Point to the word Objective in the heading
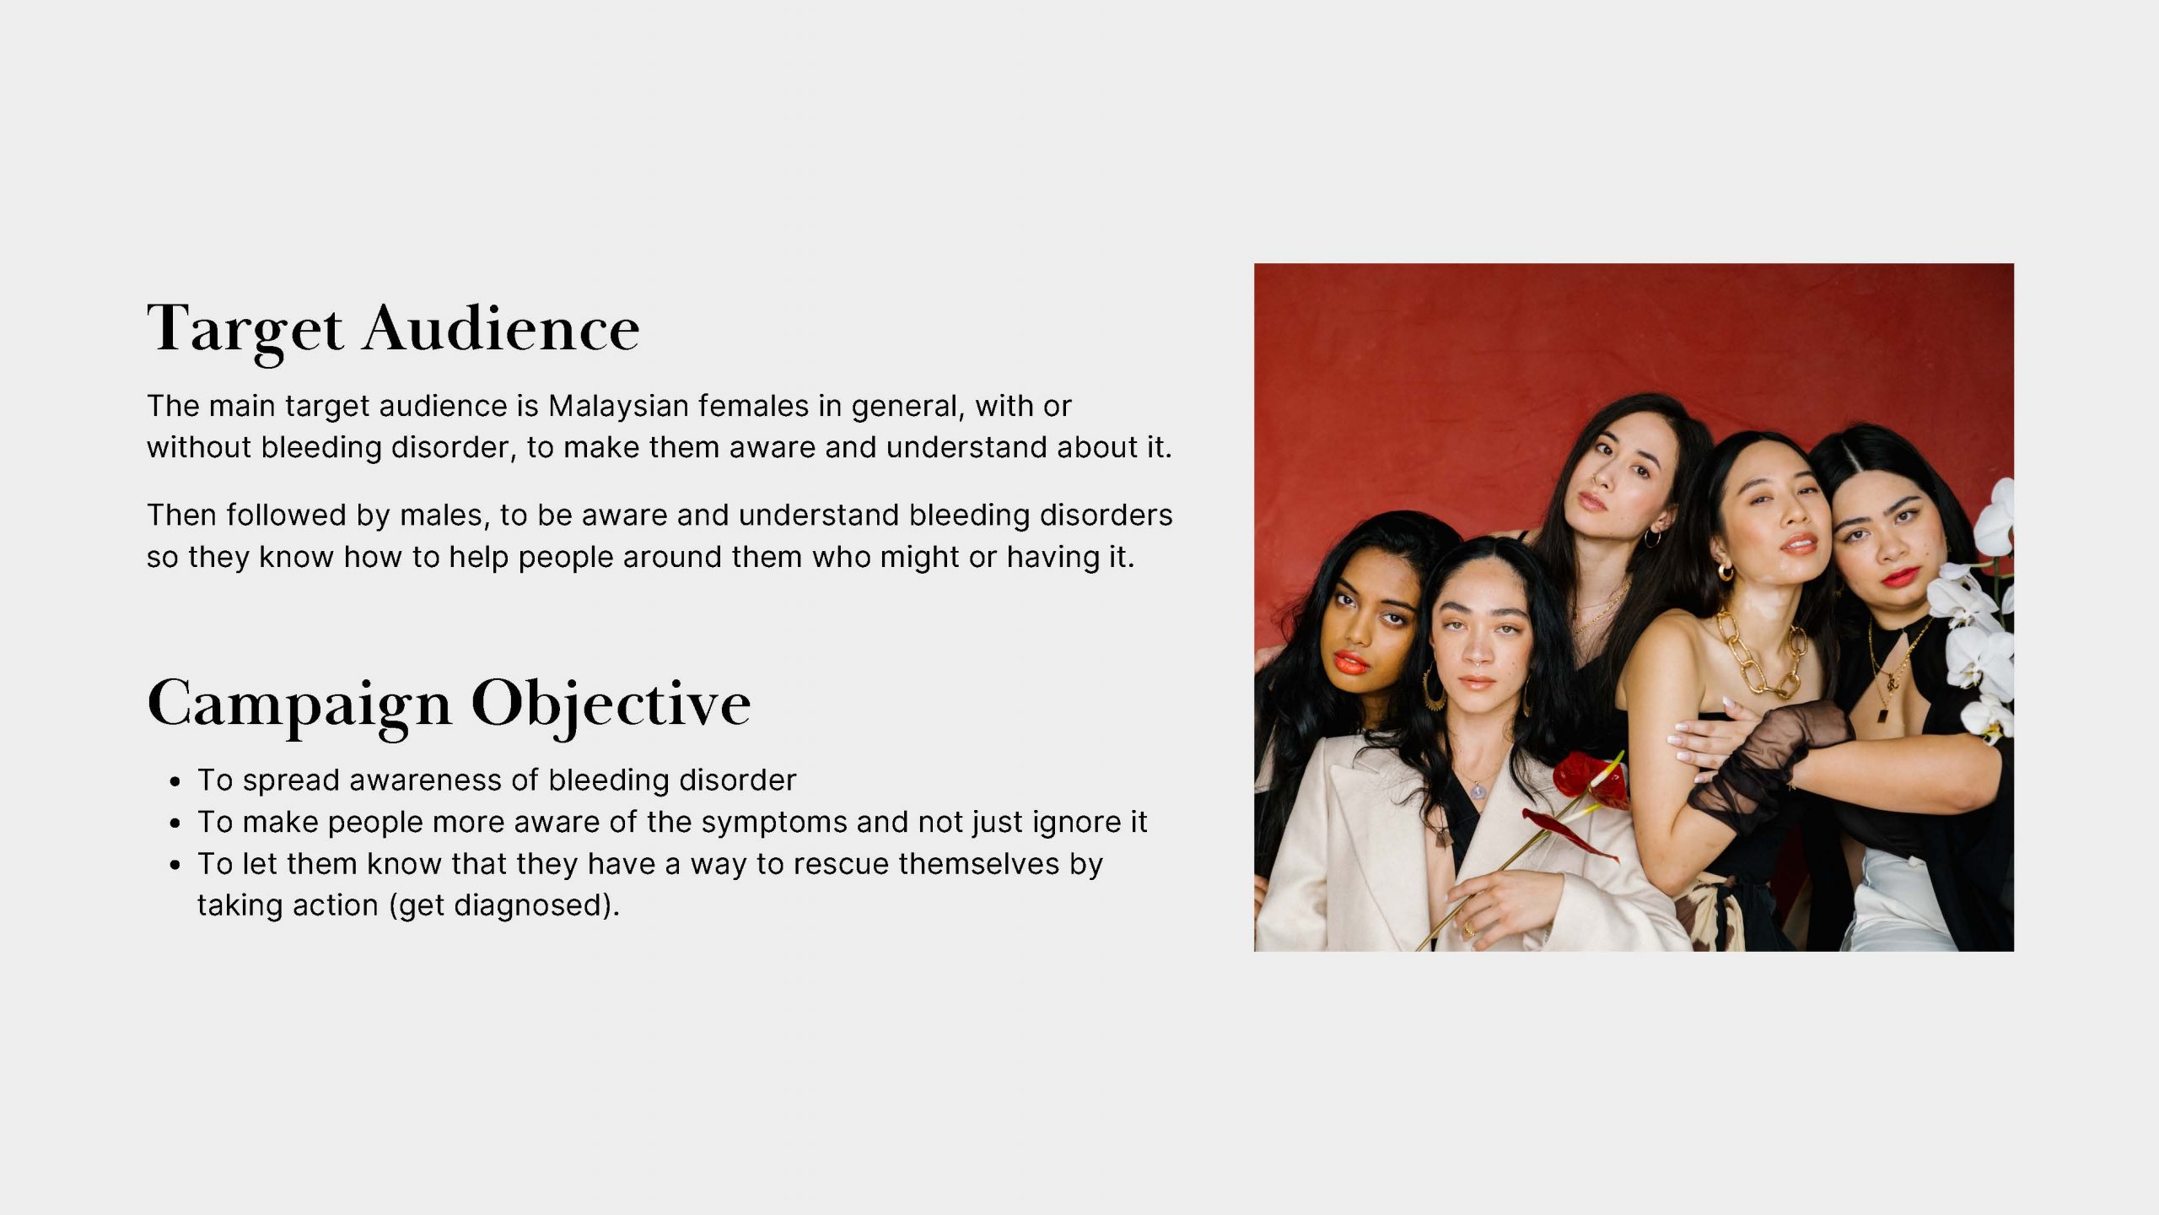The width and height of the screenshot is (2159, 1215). (611, 705)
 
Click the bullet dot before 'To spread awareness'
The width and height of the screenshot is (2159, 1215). (175, 782)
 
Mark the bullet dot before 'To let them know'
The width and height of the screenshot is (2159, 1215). (175, 866)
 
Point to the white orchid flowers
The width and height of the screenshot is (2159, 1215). (1978, 616)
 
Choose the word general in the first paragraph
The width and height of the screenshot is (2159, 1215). (907, 407)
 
